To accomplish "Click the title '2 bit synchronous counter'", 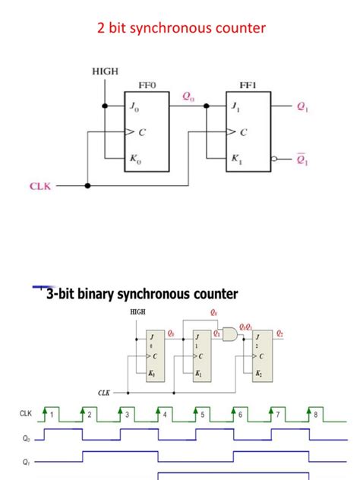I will pyautogui.click(x=182, y=28).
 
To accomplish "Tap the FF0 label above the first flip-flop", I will pyautogui.click(x=147, y=85).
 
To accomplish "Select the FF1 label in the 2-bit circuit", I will pyautogui.click(x=248, y=85).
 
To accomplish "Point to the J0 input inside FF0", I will pyautogui.click(x=136, y=108).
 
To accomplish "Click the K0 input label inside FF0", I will pyautogui.click(x=137, y=159).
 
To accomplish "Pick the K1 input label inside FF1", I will pyautogui.click(x=238, y=159).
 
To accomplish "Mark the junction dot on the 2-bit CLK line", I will pyautogui.click(x=89, y=185).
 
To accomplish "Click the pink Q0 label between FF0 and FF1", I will pyautogui.click(x=188, y=96).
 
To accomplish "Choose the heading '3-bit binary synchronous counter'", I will pyautogui.click(x=142, y=294).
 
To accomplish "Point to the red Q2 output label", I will pyautogui.click(x=279, y=333).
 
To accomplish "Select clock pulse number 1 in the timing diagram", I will pyautogui.click(x=52, y=415).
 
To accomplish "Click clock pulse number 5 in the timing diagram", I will pyautogui.click(x=202, y=415).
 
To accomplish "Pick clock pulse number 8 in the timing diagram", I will pyautogui.click(x=315, y=415).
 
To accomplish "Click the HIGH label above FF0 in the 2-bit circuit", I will pyautogui.click(x=105, y=71).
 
